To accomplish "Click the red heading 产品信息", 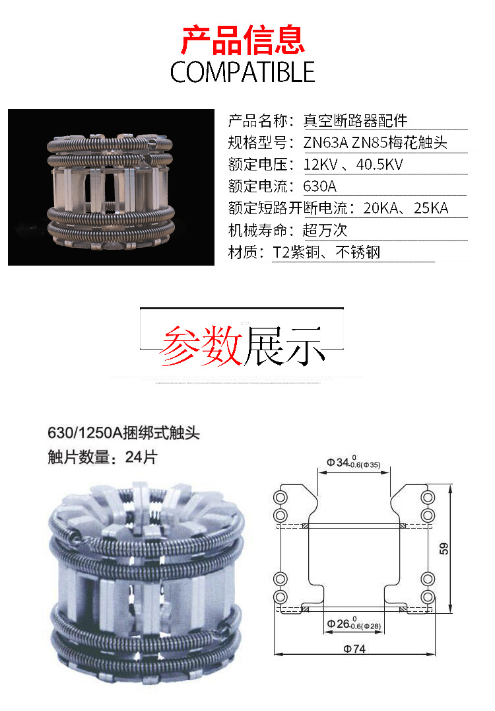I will (243, 40).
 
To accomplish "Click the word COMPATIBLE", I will (243, 71).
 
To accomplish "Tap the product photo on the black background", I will (111, 187).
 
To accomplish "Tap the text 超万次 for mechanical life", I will (325, 230).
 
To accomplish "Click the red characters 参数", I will (201, 346).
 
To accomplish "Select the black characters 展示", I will (284, 346).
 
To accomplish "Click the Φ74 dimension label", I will (354, 649).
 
